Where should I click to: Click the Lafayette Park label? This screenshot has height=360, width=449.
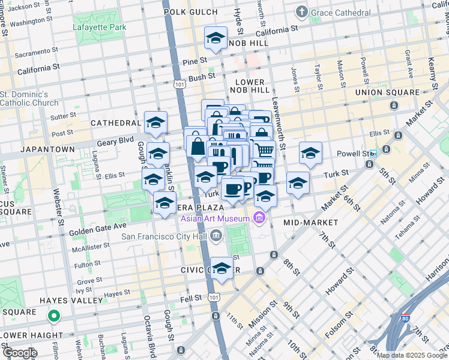[x=100, y=27]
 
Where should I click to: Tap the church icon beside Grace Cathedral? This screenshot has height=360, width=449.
[x=303, y=11]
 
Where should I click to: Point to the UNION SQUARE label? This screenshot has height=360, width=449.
[x=387, y=92]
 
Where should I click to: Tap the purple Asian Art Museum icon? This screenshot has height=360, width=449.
[x=259, y=217]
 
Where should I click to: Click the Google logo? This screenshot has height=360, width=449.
[x=19, y=353]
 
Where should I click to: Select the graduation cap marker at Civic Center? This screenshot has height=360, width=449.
[x=221, y=268]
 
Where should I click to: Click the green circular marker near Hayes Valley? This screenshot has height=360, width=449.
[x=53, y=315]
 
